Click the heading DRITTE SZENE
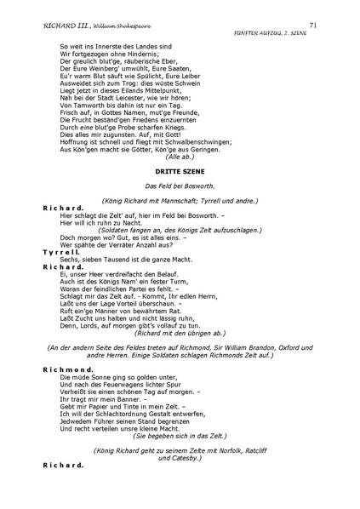(180, 170)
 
